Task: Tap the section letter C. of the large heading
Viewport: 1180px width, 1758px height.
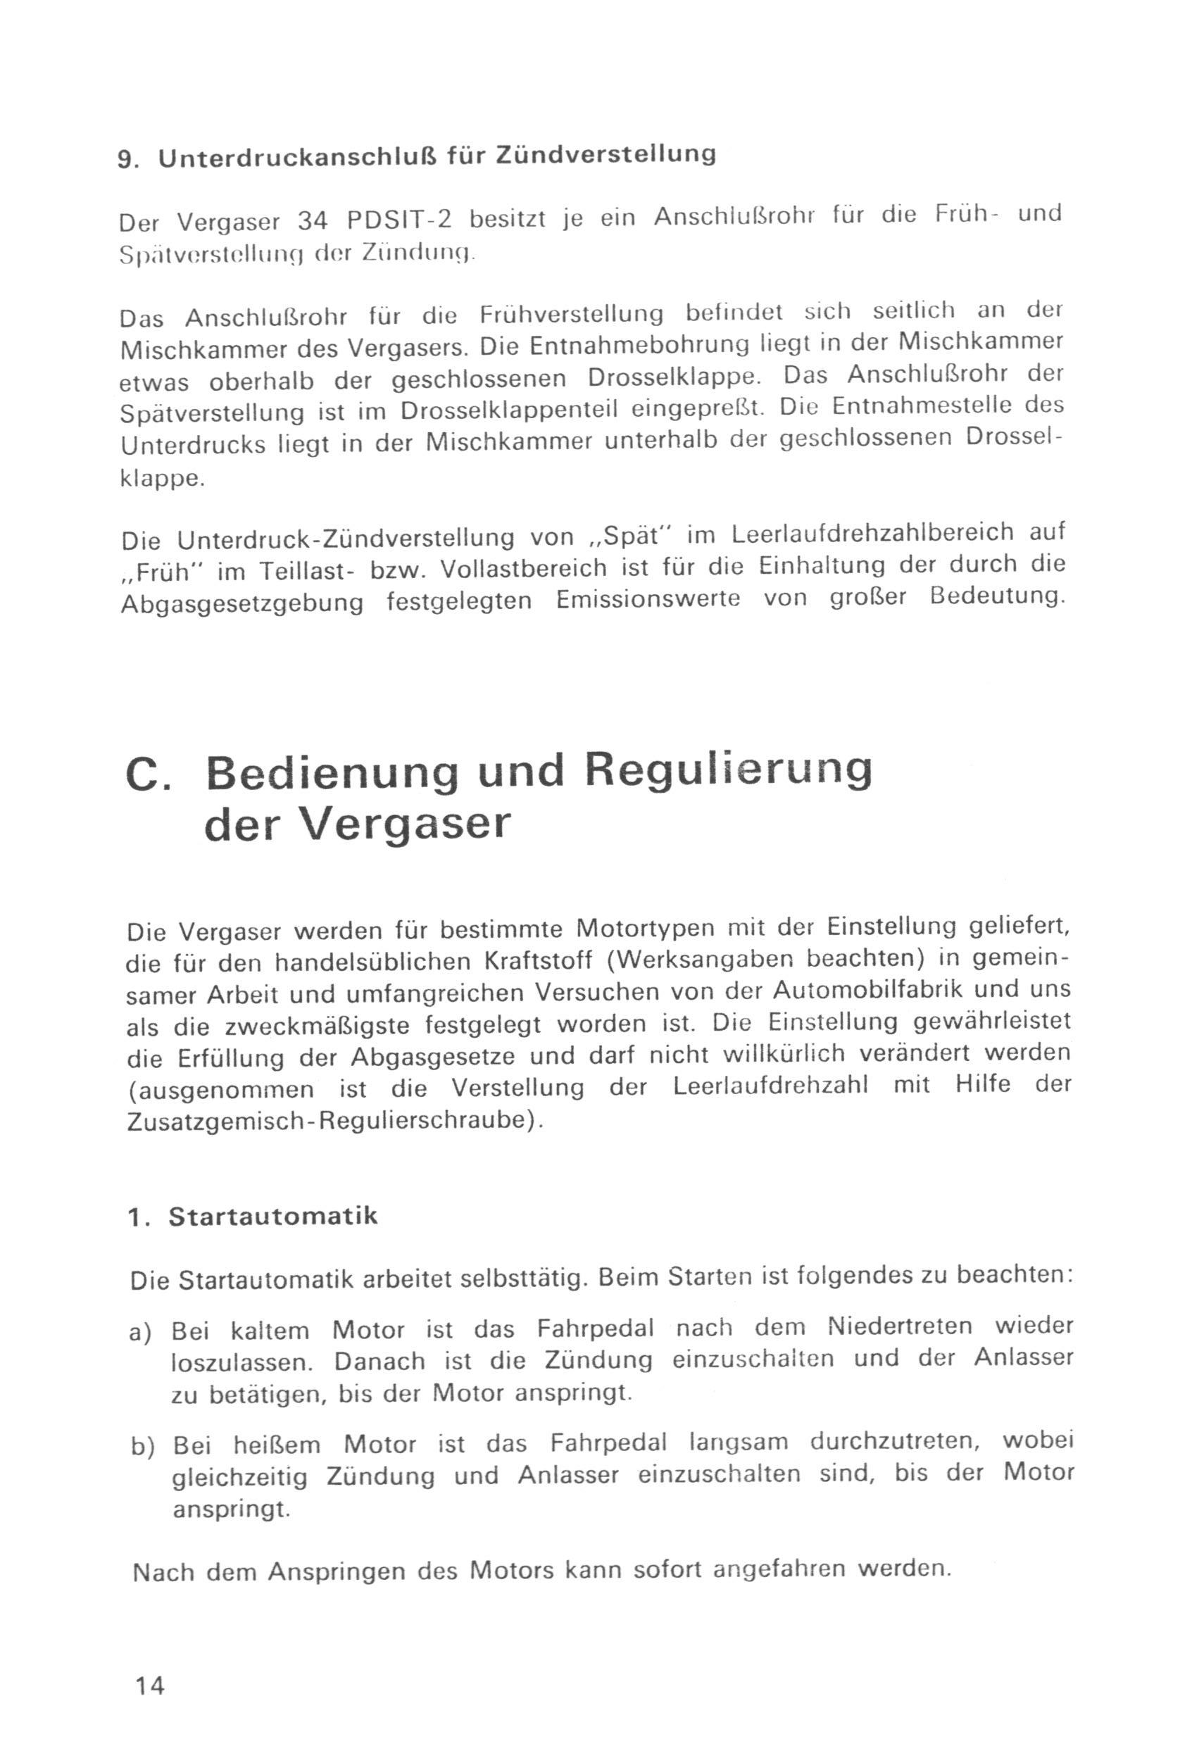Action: point(151,775)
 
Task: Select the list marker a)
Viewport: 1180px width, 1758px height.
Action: point(142,1332)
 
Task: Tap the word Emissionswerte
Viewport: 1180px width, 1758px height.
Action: point(648,600)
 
